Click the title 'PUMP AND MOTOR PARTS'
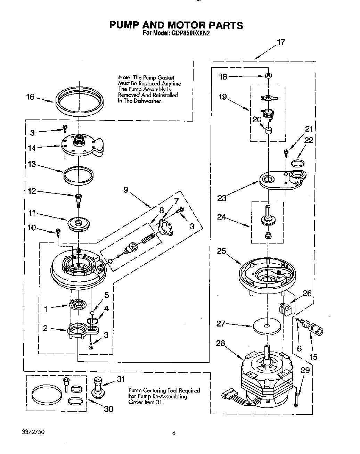[176, 25]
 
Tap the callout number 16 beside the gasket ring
[31, 97]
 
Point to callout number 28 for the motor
[220, 344]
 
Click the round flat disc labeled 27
[267, 326]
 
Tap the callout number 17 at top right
[281, 42]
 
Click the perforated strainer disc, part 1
[78, 304]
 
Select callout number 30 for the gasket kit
[108, 409]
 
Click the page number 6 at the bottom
[174, 433]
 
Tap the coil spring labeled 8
[148, 238]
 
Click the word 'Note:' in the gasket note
[124, 77]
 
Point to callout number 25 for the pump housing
[222, 251]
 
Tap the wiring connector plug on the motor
[226, 395]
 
